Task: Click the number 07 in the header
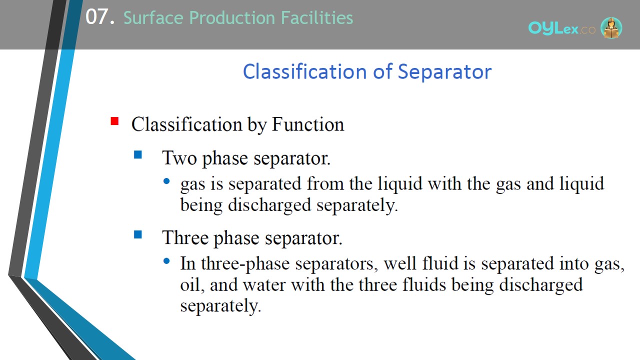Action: click(x=97, y=17)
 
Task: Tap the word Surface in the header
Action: click(x=153, y=17)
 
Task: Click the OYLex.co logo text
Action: click(x=561, y=28)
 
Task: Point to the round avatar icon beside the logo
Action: click(x=611, y=27)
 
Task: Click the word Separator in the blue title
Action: click(x=444, y=71)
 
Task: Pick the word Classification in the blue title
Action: click(x=305, y=71)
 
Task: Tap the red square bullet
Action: click(x=114, y=121)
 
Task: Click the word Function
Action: click(x=308, y=124)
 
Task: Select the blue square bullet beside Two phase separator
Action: click(x=137, y=154)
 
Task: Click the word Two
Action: click(x=179, y=157)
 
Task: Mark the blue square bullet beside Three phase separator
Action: click(x=137, y=234)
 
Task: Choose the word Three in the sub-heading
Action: click(x=185, y=237)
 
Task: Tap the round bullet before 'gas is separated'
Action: click(x=166, y=181)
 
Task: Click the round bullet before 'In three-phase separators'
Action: click(x=166, y=261)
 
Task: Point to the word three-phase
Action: click(x=245, y=264)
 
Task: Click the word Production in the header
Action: click(x=232, y=17)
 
